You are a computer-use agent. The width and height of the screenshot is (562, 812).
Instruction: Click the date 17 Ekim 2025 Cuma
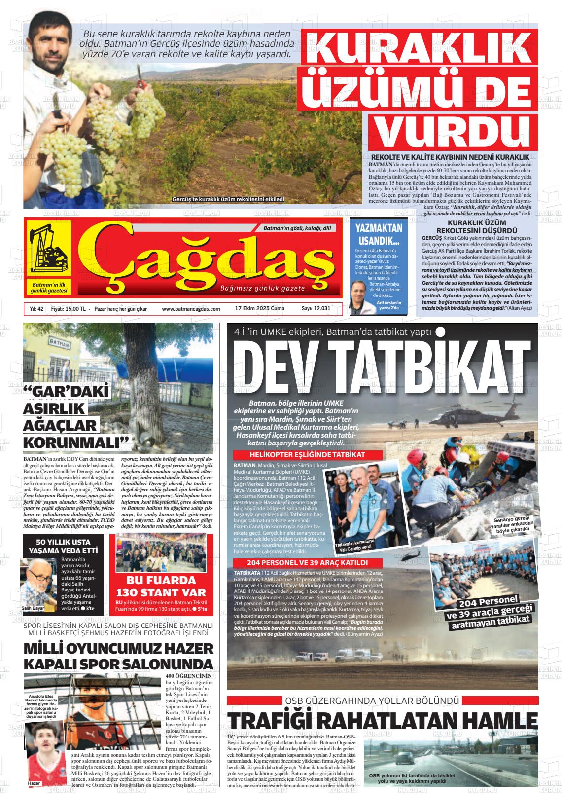[260, 309]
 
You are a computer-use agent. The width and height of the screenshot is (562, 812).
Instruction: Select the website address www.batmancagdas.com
[191, 309]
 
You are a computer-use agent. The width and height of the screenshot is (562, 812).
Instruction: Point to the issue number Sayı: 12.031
[316, 309]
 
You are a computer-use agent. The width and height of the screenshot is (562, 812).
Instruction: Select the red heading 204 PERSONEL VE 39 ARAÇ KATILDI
[300, 563]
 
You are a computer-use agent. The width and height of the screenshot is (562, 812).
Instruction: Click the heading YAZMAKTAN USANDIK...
[379, 234]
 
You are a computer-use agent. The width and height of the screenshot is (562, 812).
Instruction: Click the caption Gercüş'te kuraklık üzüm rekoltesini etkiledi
[228, 200]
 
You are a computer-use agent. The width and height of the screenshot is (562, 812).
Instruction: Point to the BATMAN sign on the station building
[48, 342]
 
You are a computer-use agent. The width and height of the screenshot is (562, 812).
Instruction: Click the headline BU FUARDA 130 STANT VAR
[161, 586]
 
